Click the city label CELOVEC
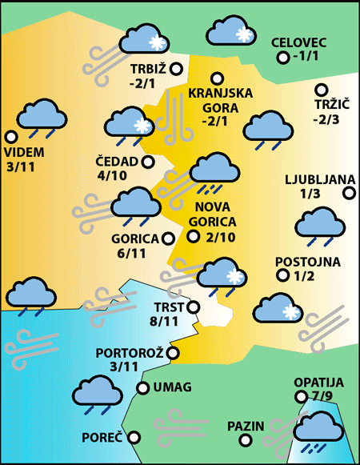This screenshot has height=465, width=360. click(x=299, y=42)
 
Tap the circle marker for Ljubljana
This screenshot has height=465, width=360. click(x=350, y=192)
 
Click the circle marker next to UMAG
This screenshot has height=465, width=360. click(x=142, y=388)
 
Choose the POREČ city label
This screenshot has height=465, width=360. click(x=102, y=438)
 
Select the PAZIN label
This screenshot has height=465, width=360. click(x=244, y=426)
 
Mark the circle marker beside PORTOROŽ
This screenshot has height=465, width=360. click(x=173, y=352)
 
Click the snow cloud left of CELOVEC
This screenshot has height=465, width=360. click(x=231, y=33)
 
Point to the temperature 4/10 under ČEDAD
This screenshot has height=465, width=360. click(x=112, y=175)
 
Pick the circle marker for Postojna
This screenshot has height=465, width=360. click(x=282, y=275)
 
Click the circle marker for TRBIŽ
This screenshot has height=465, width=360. click(x=174, y=68)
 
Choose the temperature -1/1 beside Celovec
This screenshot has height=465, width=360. click(x=306, y=57)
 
